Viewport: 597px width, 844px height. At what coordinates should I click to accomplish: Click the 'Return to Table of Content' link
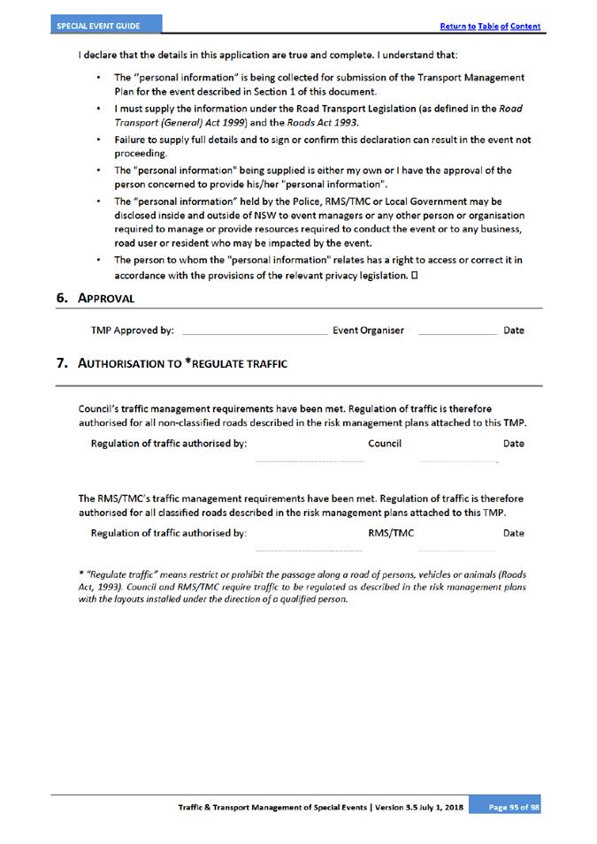click(x=490, y=27)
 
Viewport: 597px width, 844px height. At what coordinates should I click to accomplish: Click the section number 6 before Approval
click(x=62, y=298)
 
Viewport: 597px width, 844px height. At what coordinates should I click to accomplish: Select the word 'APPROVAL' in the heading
click(x=106, y=299)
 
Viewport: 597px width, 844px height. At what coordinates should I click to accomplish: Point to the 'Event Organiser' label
click(x=368, y=331)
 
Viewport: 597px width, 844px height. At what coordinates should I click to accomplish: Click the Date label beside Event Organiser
click(x=513, y=331)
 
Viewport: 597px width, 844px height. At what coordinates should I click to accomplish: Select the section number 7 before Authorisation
click(x=62, y=363)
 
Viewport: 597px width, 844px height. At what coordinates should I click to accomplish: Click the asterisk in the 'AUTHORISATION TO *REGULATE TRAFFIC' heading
click(x=188, y=361)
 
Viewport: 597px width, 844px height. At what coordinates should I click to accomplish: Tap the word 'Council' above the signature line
click(x=385, y=444)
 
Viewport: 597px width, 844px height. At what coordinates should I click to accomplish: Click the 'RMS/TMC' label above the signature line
click(x=390, y=533)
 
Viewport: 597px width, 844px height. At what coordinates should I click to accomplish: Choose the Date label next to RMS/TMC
click(x=513, y=533)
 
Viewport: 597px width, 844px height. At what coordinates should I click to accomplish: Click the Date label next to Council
click(x=513, y=444)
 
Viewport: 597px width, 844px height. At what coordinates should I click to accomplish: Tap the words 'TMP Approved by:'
click(x=133, y=331)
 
